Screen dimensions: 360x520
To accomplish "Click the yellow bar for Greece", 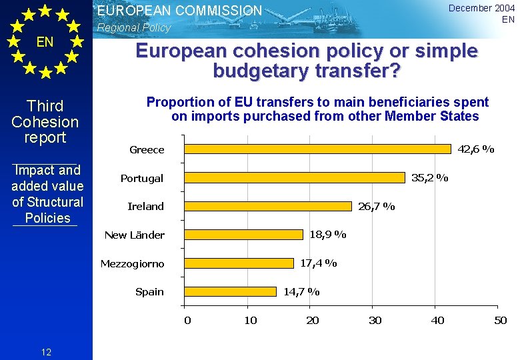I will pos(317,149).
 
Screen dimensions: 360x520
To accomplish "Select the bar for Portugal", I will pos(295,178).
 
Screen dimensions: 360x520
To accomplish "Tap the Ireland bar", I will pos(268,206).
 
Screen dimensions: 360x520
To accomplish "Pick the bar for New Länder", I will pos(243,235).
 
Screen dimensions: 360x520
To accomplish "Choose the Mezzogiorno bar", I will pos(239,263).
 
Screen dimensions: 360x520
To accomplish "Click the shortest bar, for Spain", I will pos(230,291).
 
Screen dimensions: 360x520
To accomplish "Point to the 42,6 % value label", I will pos(475,149).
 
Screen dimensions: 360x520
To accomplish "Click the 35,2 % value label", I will pos(429,178).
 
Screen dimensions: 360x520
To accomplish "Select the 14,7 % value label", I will pos(301,291).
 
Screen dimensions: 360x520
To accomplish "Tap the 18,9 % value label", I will pos(327,235).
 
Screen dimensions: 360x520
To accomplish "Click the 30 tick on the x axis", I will pos(375,321).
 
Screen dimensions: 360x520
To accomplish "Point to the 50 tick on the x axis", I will pos(500,321).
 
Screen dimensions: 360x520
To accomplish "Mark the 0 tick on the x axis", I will pos(187,321).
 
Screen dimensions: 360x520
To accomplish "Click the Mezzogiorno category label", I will pos(132,264).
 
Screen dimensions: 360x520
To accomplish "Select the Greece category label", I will pos(147,150).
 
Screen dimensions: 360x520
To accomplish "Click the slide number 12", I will pos(46,352).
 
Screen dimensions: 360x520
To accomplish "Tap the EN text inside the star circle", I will pos(45,42).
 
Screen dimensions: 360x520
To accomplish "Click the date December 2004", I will pos(481,8).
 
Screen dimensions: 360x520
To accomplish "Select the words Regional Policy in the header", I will pos(134,28).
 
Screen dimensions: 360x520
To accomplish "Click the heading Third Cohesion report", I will pos(45,122).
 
